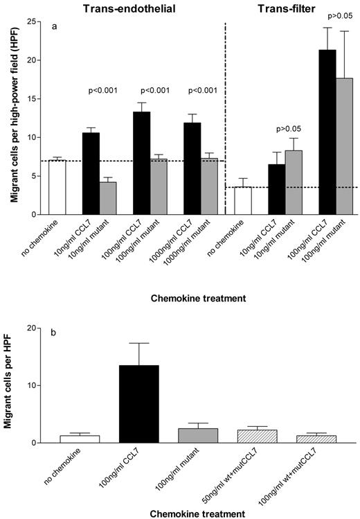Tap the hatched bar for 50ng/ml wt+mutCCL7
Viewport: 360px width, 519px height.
[247, 436]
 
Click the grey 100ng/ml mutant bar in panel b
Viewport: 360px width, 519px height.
[193, 435]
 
